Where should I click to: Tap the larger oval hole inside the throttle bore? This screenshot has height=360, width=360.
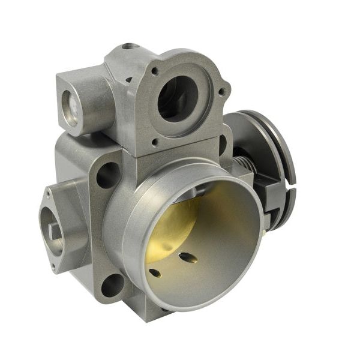(188, 257)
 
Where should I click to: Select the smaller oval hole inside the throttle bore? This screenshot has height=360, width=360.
(155, 273)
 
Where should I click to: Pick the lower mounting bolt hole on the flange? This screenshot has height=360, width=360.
(112, 285)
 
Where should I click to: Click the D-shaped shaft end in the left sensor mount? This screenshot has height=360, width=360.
(55, 230)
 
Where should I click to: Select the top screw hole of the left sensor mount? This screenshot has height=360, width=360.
(47, 194)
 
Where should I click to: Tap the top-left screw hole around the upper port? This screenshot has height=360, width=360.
(155, 71)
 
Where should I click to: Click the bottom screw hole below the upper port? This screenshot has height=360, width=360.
(156, 143)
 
